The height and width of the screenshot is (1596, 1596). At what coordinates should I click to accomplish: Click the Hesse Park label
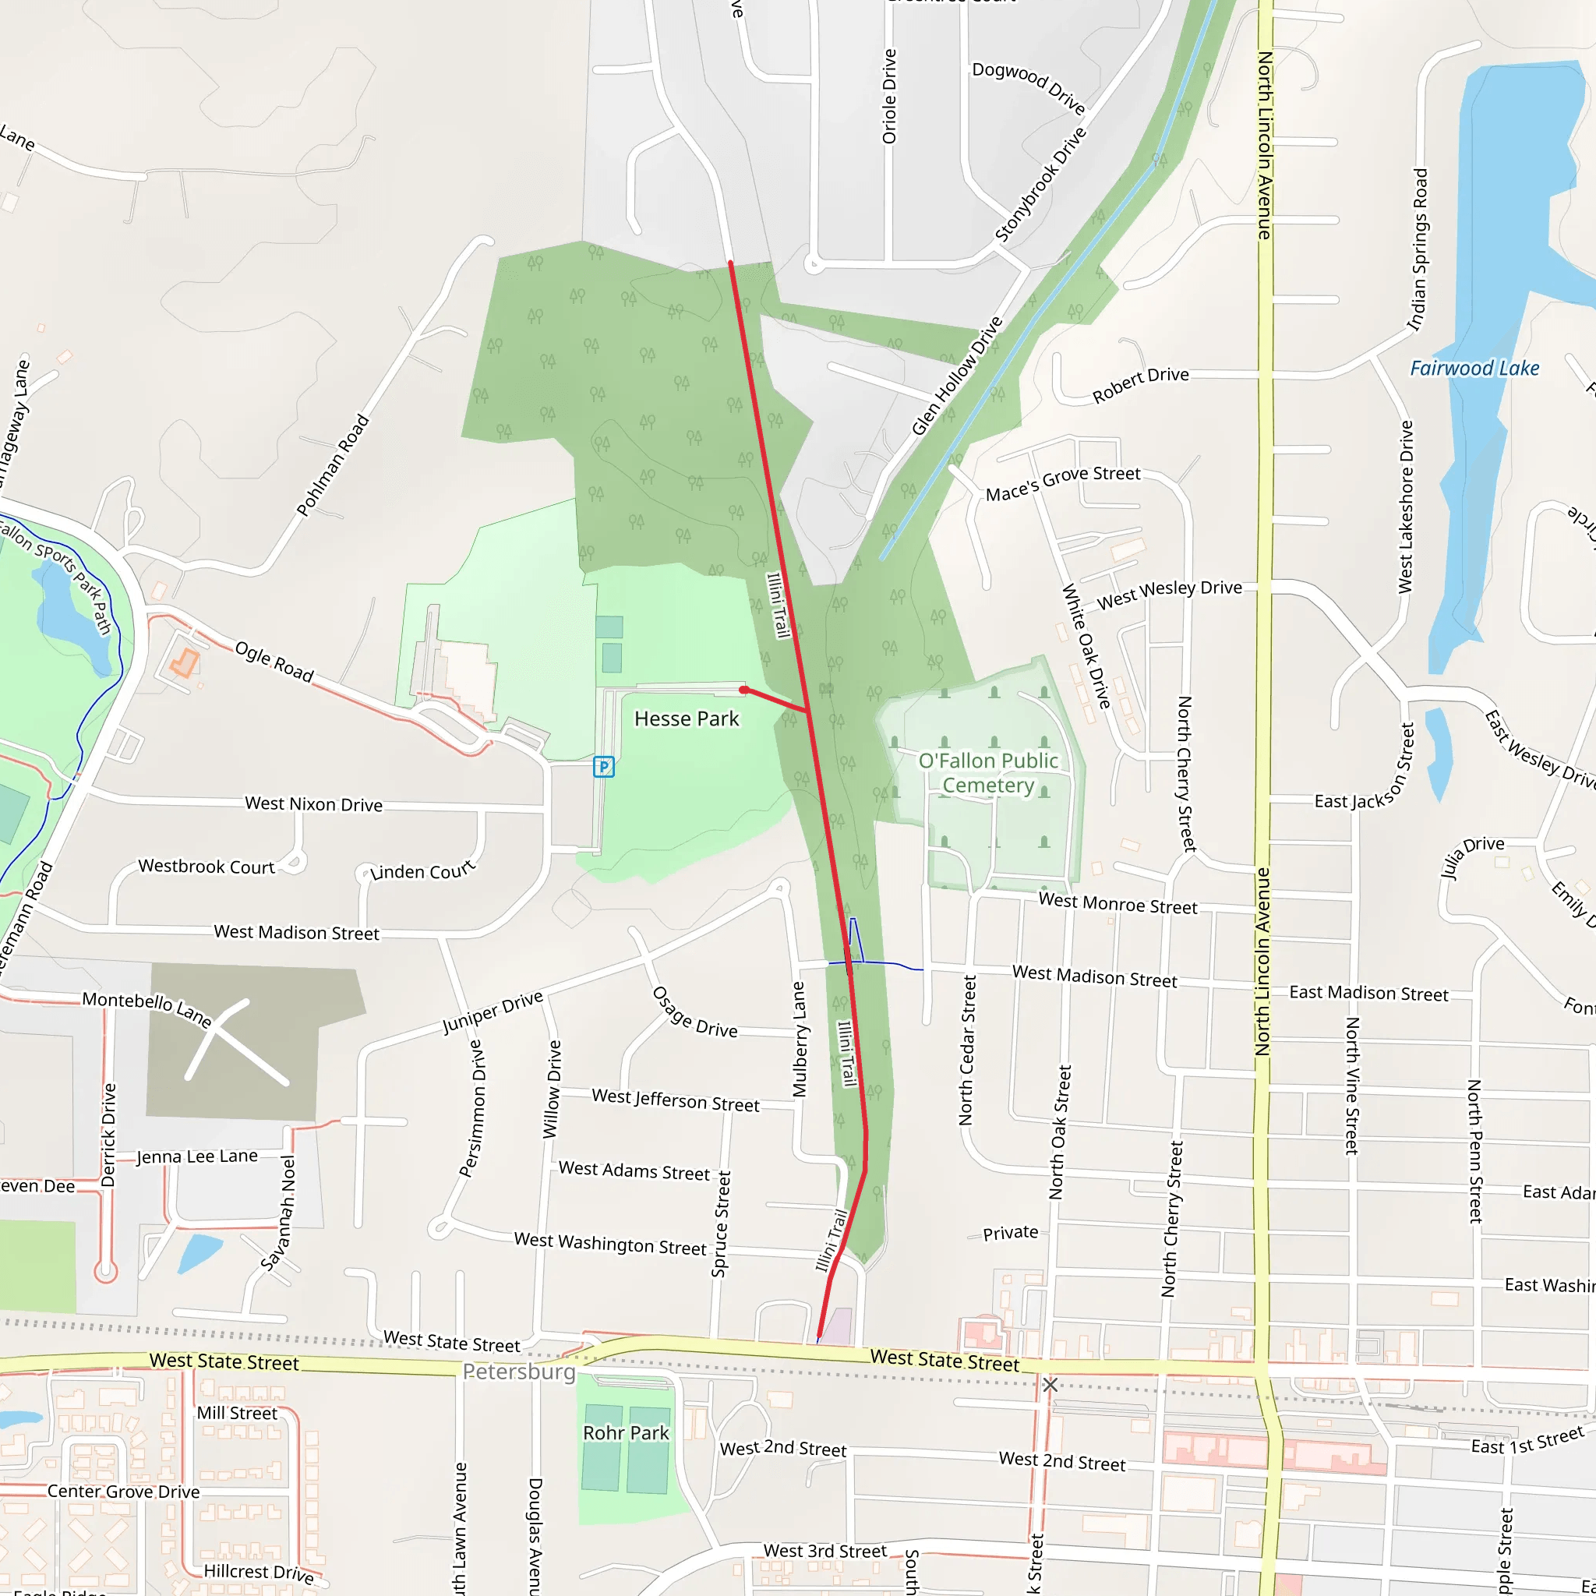(686, 719)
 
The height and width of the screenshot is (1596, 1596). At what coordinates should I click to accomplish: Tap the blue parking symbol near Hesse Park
(604, 767)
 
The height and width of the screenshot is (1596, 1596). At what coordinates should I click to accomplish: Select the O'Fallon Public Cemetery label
(988, 772)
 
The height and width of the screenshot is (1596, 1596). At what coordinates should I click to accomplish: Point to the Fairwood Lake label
(1474, 369)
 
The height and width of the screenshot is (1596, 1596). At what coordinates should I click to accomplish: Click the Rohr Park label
(625, 1432)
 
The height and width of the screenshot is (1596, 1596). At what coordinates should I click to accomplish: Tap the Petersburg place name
(519, 1372)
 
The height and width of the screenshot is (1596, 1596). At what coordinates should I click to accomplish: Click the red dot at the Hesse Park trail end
(743, 690)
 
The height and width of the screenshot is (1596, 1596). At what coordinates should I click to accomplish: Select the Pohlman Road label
(333, 465)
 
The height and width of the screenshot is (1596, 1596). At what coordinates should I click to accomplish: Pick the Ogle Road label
(274, 662)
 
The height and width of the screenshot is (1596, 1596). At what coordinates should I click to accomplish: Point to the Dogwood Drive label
(1029, 87)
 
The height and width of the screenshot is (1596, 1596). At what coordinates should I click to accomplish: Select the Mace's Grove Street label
(1062, 483)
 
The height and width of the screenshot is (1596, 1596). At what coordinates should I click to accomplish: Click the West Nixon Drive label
(313, 803)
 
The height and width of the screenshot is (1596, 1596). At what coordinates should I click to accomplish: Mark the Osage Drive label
(694, 1012)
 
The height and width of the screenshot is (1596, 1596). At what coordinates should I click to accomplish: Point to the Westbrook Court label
(206, 867)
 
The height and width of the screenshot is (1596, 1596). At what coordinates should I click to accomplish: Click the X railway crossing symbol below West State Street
(1050, 1385)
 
